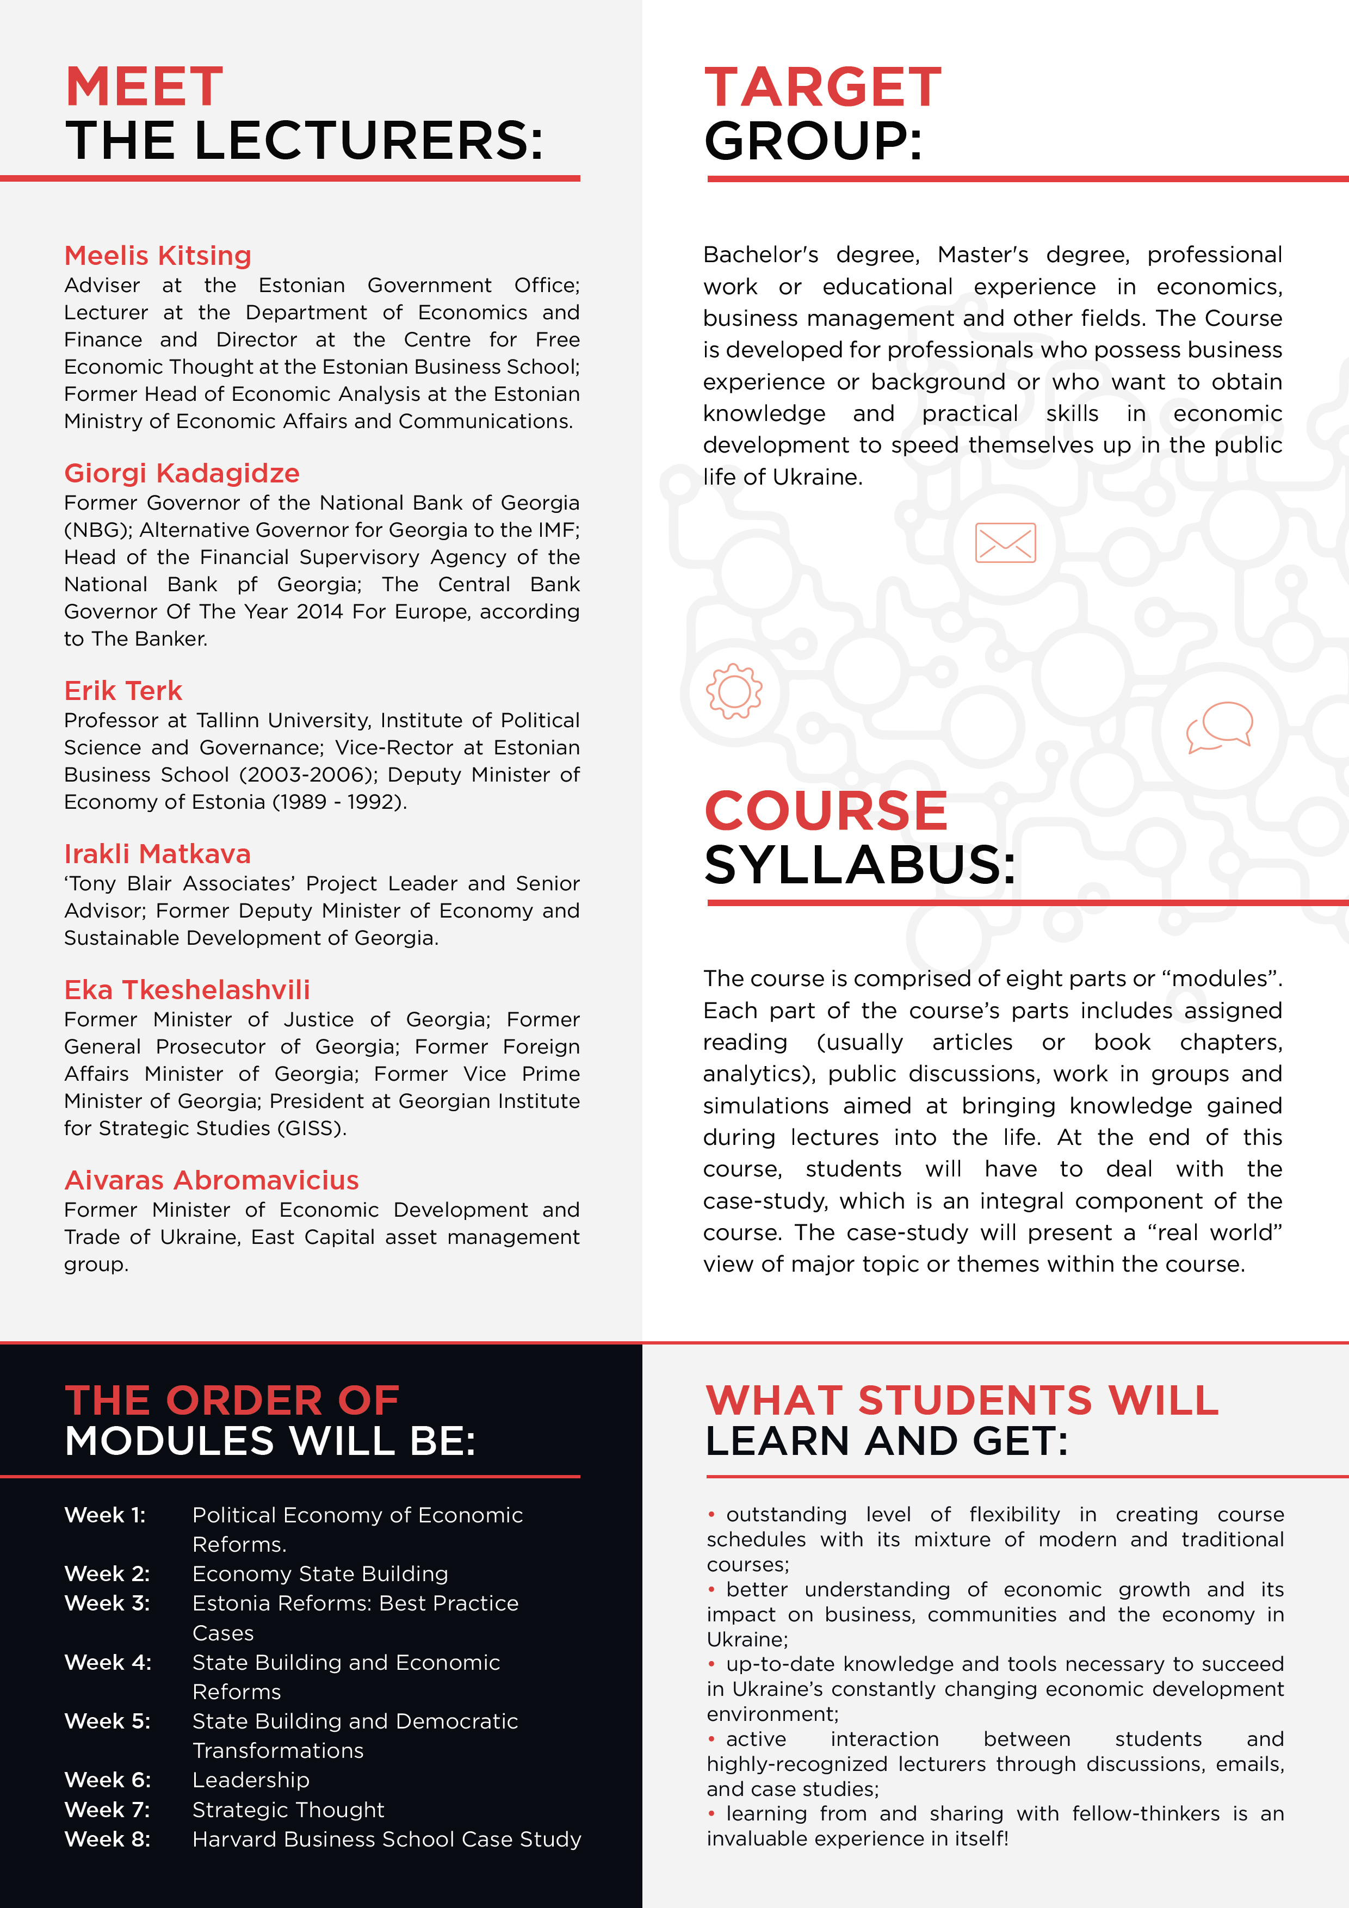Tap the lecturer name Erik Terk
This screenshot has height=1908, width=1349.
[x=123, y=691]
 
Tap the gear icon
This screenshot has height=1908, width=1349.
[x=733, y=691]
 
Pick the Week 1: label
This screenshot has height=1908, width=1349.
[x=105, y=1515]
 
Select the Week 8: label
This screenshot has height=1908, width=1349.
[x=107, y=1838]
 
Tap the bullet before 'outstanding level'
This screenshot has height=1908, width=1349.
[x=711, y=1514]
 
